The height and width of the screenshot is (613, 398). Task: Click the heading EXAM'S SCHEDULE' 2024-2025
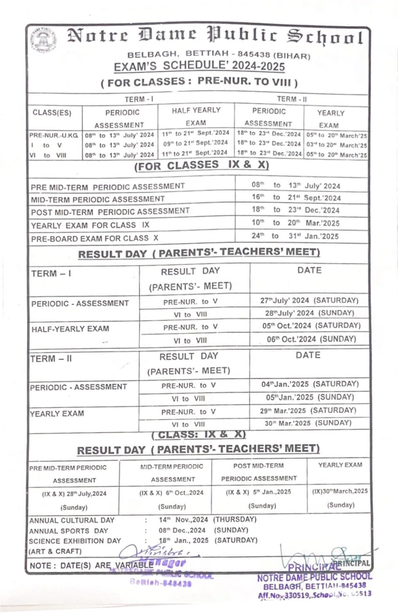[199, 66]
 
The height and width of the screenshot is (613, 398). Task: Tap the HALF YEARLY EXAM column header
[196, 116]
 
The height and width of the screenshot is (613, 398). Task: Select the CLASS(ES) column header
[52, 113]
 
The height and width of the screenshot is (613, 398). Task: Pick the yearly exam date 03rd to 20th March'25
[336, 145]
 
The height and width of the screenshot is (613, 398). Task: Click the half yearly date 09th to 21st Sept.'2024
[195, 143]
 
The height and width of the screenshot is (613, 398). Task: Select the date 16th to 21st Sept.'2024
[296, 198]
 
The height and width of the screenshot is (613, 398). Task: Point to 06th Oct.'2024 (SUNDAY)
[311, 339]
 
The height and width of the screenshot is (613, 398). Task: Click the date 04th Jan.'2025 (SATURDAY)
[309, 384]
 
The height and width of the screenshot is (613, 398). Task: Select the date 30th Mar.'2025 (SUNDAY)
[308, 423]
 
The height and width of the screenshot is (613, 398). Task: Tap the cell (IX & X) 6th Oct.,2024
[171, 493]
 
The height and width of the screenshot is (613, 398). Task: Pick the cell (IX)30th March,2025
[340, 491]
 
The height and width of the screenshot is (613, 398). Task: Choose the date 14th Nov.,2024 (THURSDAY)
[207, 520]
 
